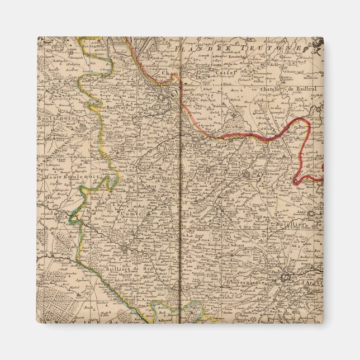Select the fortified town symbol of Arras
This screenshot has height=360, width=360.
coord(287,276)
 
